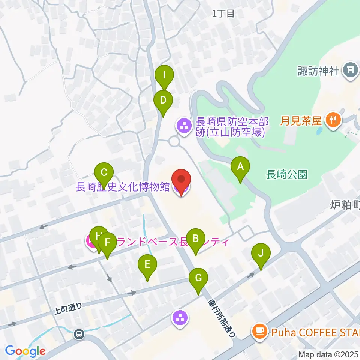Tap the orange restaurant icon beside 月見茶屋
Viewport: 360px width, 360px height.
tap(333, 121)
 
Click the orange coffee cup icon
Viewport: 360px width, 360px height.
tap(259, 331)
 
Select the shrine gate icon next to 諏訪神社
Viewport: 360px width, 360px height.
tap(351, 70)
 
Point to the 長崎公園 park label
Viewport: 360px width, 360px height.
tap(287, 174)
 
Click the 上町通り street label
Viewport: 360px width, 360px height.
tap(68, 307)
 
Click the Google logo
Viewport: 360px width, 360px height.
tap(25, 351)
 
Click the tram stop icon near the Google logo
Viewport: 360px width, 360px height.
tap(79, 333)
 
